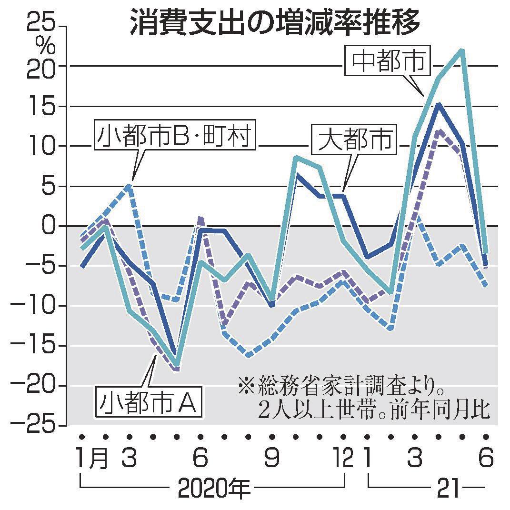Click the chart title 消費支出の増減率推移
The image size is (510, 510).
275,23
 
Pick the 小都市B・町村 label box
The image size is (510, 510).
174,137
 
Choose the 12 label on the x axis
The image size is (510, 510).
343,459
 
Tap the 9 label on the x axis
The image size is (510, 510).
272,459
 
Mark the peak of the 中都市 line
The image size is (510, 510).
461,50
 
